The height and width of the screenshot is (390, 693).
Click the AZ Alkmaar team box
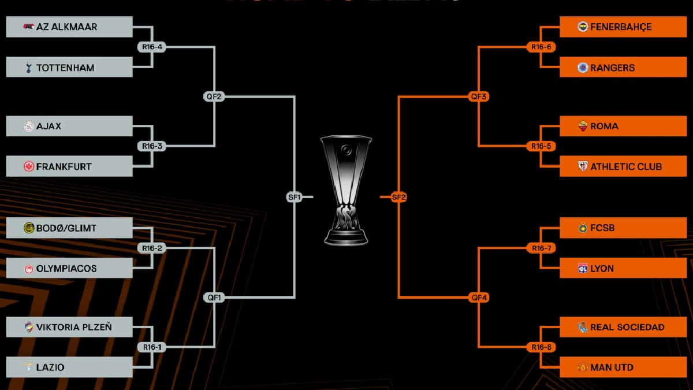point(69,27)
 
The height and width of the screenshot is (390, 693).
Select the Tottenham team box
point(69,68)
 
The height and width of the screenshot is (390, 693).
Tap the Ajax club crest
point(28,126)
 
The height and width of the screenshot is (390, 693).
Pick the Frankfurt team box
point(69,166)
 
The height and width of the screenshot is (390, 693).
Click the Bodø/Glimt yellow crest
point(28,228)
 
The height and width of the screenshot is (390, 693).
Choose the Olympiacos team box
point(69,269)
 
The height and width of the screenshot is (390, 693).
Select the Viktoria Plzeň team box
point(69,328)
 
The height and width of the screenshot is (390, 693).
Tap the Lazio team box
point(69,367)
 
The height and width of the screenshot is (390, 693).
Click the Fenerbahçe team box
point(623,27)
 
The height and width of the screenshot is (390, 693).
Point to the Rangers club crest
point(583,68)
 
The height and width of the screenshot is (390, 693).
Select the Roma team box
point(623,126)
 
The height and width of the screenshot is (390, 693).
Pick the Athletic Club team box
point(623,166)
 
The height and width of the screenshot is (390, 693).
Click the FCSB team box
point(623,228)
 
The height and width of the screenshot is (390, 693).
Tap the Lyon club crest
point(583,269)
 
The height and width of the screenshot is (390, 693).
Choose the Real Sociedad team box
point(623,328)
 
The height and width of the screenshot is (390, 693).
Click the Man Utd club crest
point(583,367)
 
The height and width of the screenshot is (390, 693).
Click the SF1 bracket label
point(295,197)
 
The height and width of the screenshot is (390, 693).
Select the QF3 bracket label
point(479,96)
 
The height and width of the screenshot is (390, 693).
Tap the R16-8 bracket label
point(541,347)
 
